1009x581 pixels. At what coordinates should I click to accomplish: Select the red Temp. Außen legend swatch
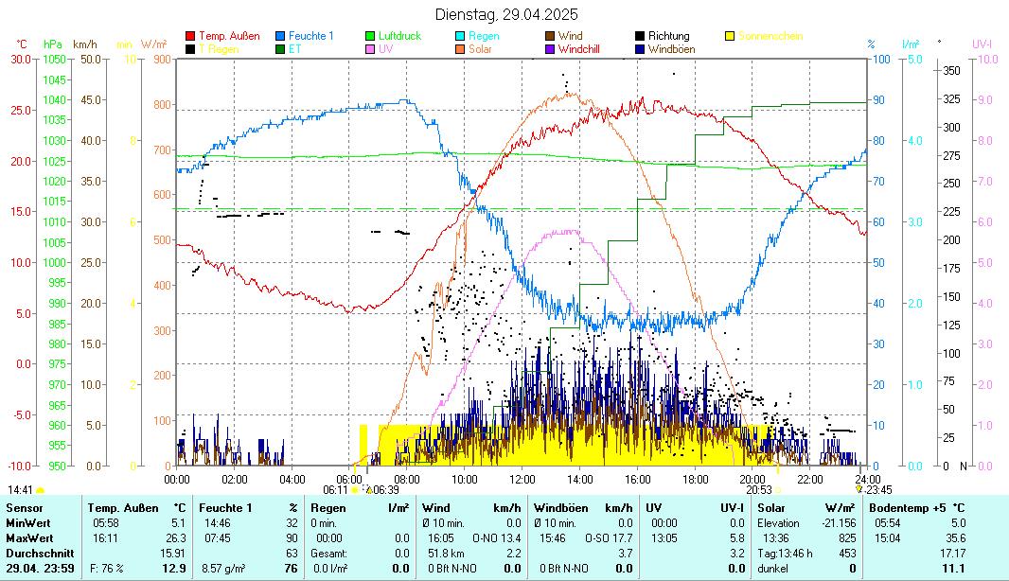click(190, 36)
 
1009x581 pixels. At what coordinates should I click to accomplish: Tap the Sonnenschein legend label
click(770, 36)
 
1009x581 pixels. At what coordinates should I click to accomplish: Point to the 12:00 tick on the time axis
click(522, 479)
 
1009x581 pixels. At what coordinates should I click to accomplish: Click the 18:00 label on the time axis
click(695, 479)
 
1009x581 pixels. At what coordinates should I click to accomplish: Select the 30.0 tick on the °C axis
click(20, 59)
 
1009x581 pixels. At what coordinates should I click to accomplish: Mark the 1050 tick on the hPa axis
click(54, 59)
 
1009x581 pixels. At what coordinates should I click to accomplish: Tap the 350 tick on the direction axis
click(951, 70)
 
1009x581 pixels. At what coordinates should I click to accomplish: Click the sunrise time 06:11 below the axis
click(335, 490)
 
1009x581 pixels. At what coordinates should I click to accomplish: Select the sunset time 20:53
click(759, 490)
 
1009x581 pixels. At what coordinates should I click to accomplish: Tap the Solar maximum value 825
click(847, 538)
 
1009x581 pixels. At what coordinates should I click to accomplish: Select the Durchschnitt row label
click(38, 554)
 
